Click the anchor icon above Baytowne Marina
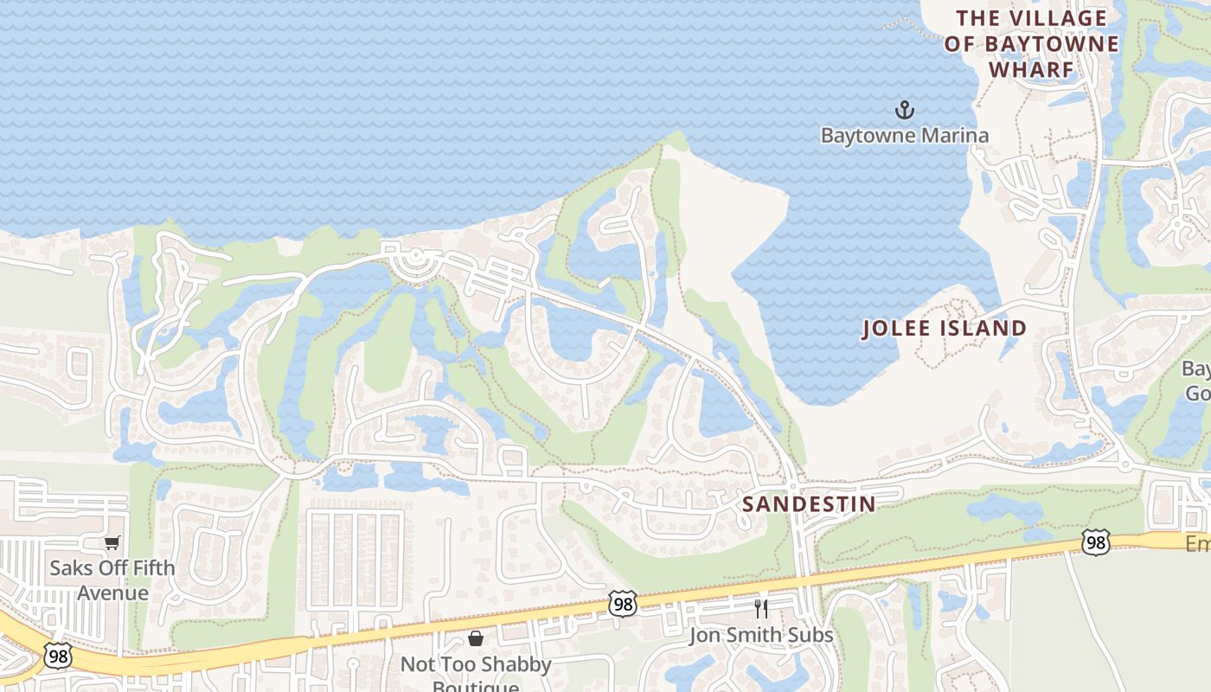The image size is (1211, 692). [x=904, y=110]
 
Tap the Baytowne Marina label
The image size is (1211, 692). [x=904, y=136]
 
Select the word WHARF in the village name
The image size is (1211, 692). [x=1031, y=69]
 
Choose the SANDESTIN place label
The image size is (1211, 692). [x=809, y=503]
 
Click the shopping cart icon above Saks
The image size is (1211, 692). [x=112, y=543]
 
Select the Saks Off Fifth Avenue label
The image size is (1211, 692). [x=112, y=580]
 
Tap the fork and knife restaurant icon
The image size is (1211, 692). [x=760, y=609]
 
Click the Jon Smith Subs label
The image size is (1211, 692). [x=760, y=636]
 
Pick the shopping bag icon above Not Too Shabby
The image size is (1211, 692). [x=475, y=639]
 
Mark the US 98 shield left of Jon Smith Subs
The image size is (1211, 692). [x=622, y=604]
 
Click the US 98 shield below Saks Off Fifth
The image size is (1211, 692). [x=59, y=657]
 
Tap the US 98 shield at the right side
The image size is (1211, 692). [x=1095, y=542]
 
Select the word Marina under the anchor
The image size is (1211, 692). [x=956, y=136]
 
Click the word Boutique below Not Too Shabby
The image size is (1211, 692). [x=475, y=686]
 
